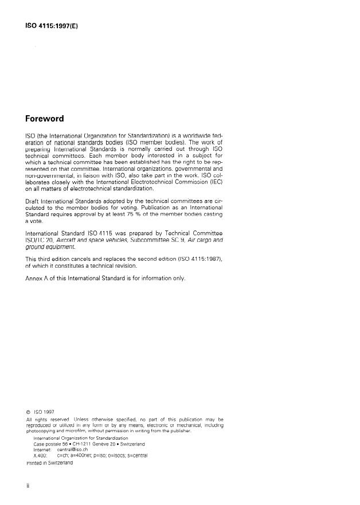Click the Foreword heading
pyautogui.click(x=45, y=119)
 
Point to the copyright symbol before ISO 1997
pyautogui.click(x=29, y=411)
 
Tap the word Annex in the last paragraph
pyautogui.click(x=36, y=279)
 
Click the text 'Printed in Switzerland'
pyautogui.click(x=50, y=463)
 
